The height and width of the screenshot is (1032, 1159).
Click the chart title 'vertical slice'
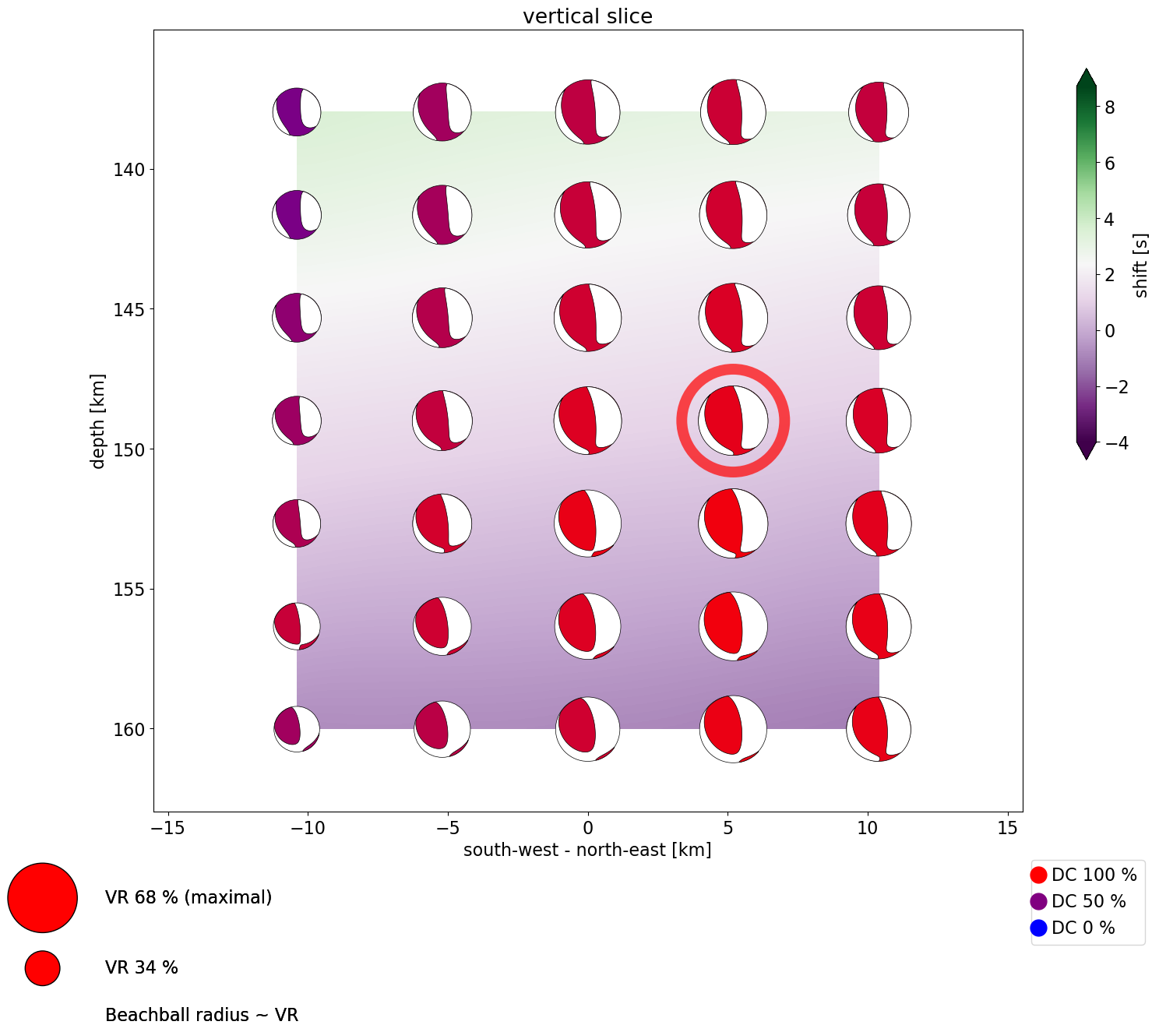click(x=587, y=16)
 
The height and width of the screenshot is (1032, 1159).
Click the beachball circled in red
click(x=733, y=421)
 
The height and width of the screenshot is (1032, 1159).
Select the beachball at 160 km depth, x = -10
click(x=297, y=729)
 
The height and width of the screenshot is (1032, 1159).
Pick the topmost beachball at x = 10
click(x=879, y=111)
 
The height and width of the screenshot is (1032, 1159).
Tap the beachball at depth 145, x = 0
click(x=588, y=318)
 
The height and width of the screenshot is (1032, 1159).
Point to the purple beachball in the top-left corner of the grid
click(x=297, y=111)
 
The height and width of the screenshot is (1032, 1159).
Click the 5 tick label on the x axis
click(x=727, y=828)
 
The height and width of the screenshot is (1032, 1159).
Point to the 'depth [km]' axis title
click(x=97, y=421)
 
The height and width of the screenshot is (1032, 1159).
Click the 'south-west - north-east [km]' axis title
click(x=587, y=850)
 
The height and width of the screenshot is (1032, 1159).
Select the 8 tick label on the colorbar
click(x=1109, y=107)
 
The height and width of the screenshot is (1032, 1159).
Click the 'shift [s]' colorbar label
click(x=1141, y=266)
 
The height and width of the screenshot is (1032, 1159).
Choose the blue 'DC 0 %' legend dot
click(x=1038, y=928)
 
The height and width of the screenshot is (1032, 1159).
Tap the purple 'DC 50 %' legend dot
click(x=1038, y=902)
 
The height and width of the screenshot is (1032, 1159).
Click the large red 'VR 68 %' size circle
click(x=43, y=898)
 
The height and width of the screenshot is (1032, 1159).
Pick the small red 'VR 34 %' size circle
click(x=43, y=968)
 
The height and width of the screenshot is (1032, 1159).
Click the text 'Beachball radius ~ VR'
click(x=202, y=1016)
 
